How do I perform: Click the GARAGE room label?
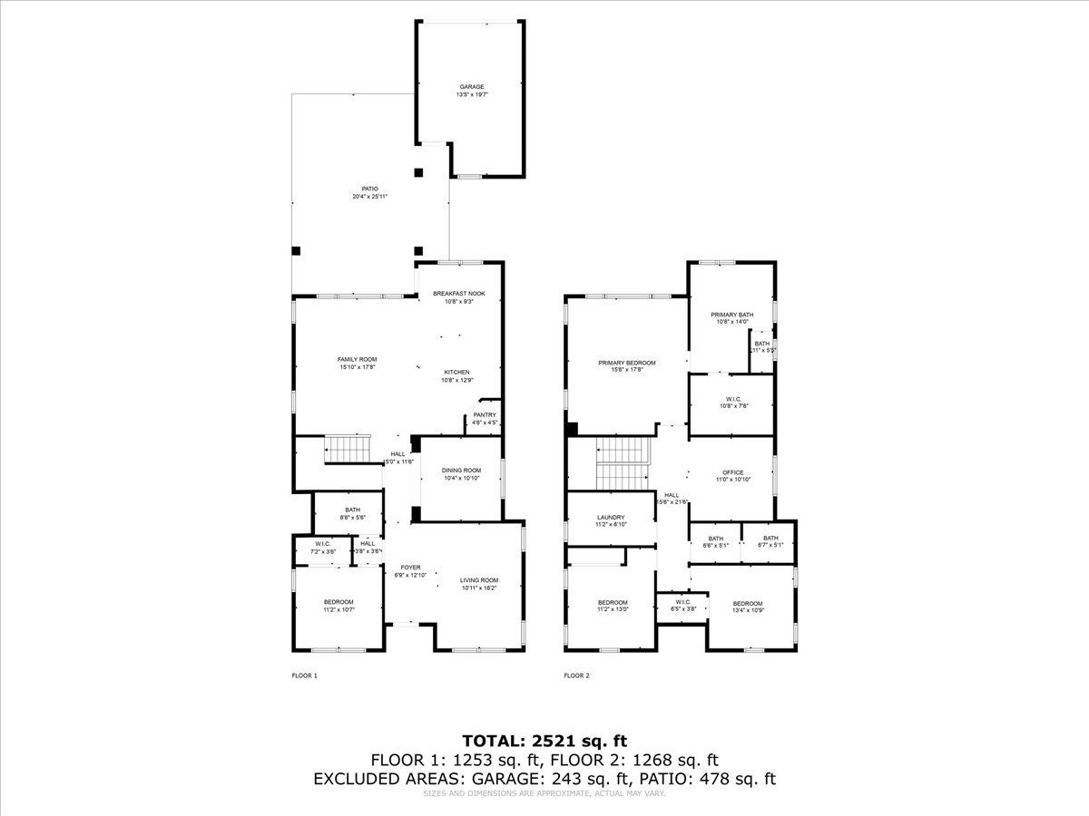tap(471, 91)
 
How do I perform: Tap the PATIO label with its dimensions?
tap(370, 192)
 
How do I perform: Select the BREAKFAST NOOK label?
tap(458, 297)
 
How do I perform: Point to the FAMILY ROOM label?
tap(357, 363)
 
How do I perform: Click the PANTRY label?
tap(484, 418)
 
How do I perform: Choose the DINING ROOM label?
tap(461, 473)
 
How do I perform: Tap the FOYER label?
tap(410, 571)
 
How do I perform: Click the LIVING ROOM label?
tap(478, 584)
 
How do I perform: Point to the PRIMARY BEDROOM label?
tap(626, 366)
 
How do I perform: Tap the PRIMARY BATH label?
tap(731, 317)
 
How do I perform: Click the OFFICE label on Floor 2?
tap(732, 475)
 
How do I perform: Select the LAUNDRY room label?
tap(610, 520)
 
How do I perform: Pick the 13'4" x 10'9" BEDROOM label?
tap(748, 607)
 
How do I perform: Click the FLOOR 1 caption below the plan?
tap(304, 675)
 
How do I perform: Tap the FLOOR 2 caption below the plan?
tap(576, 675)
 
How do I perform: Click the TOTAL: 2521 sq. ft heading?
tap(544, 741)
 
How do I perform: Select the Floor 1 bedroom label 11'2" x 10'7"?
tap(338, 606)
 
